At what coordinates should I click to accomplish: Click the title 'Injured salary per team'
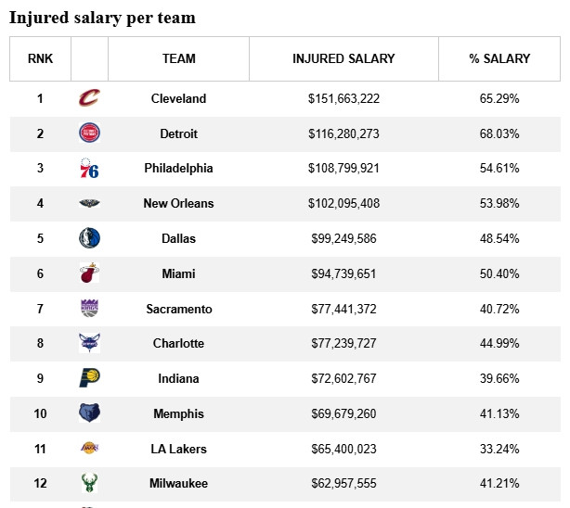102,18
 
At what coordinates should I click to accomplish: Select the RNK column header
40,58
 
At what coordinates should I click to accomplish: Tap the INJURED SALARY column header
343,58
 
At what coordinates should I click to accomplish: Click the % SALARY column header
499,58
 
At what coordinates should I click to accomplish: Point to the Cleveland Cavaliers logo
89,98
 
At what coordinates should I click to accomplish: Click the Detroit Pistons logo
89,133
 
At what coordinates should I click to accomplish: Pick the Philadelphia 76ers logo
89,169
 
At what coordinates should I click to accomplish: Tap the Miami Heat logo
89,273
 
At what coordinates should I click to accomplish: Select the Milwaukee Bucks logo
89,483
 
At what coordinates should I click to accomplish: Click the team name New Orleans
178,203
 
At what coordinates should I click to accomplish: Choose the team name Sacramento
178,309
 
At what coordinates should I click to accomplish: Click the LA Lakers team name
178,449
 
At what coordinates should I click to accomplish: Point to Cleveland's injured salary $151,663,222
343,98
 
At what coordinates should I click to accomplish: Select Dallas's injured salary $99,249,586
343,238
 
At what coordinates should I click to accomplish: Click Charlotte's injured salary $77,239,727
343,343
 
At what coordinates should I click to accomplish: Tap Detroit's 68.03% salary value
499,133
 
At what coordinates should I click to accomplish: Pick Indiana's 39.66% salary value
499,378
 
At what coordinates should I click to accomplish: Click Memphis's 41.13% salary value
499,413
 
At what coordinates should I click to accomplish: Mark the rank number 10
40,413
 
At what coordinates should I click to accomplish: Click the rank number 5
40,238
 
